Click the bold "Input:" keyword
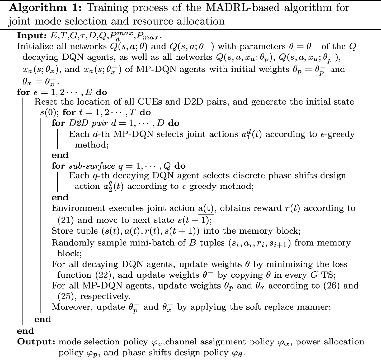tap(30, 35)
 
